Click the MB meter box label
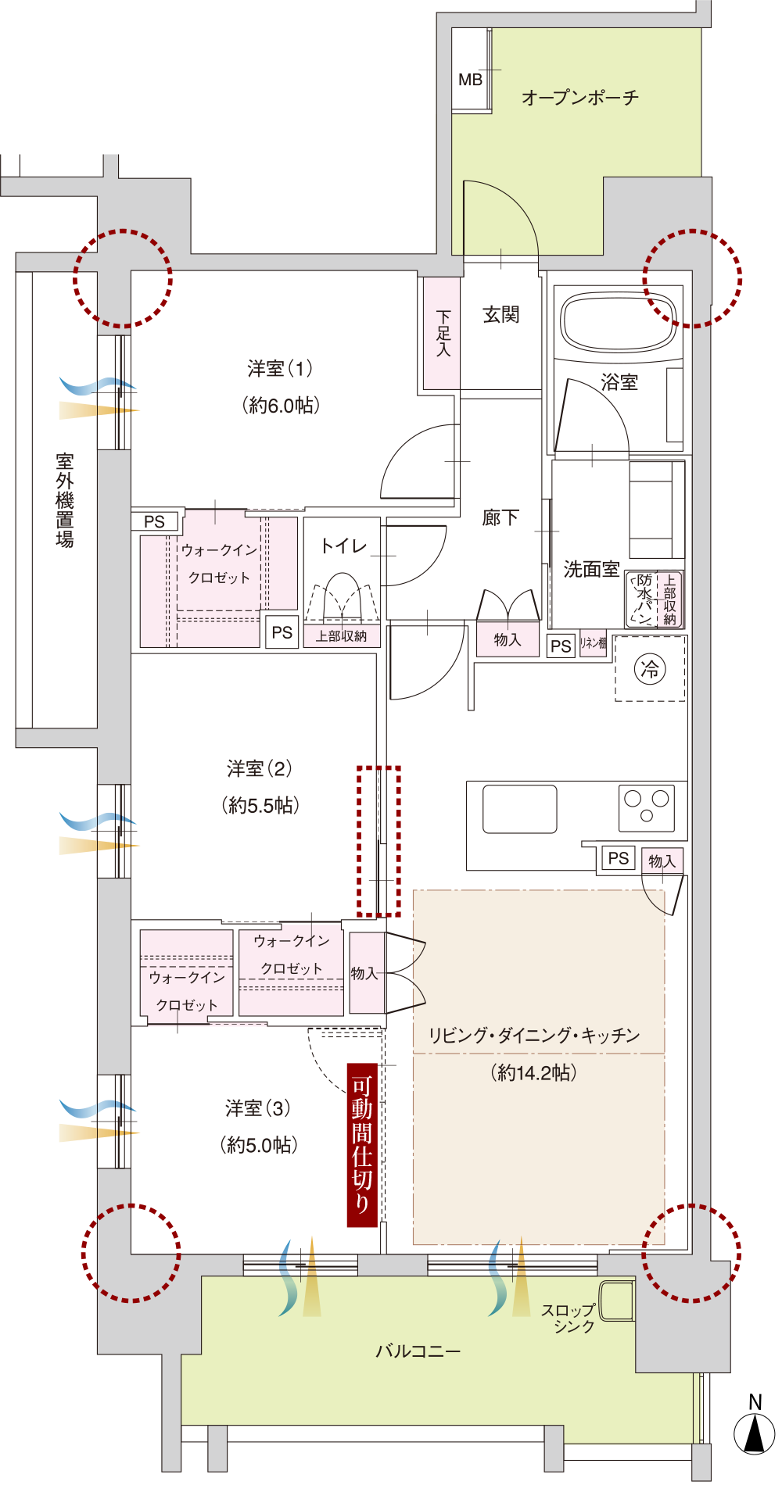pos(470,80)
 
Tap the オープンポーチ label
pos(579,98)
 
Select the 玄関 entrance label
pos(501,315)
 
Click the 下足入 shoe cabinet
pos(442,334)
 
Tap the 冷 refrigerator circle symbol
pos(650,668)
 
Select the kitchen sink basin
pos(519,809)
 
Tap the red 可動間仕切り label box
pos(362,1145)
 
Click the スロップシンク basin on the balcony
pos(616,1301)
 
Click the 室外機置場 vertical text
pos(65,500)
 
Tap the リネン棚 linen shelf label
pos(593,643)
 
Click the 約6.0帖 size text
pos(281,405)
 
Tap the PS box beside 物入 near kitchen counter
pos(618,858)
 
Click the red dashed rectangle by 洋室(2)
pos(378,841)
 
